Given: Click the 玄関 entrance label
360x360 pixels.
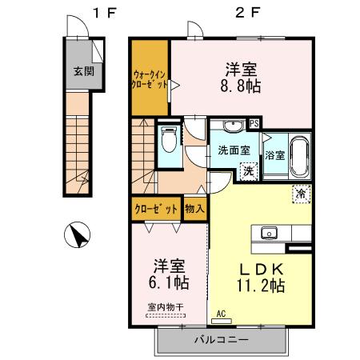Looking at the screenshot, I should [82, 70].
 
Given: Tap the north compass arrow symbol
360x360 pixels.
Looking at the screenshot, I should [78, 237].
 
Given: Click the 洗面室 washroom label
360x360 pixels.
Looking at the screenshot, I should [234, 150].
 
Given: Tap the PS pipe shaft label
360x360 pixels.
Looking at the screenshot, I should [254, 123].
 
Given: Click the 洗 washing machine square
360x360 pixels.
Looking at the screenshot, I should [248, 170].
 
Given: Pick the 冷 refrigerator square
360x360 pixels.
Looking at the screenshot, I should [301, 192].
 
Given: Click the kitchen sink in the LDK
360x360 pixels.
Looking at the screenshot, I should [269, 233].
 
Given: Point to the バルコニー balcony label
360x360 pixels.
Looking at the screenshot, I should [221, 340].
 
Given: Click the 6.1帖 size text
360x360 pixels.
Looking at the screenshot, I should [167, 282].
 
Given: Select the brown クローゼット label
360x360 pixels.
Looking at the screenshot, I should [155, 209].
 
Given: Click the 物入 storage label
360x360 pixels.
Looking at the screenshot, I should [194, 209].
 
